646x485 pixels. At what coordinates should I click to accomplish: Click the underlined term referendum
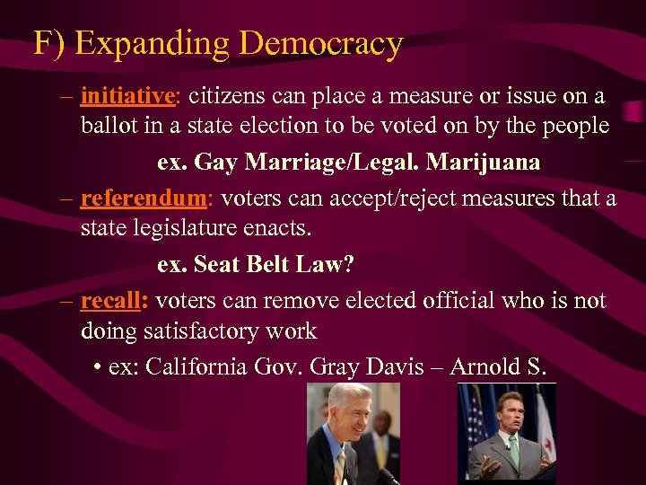click(144, 198)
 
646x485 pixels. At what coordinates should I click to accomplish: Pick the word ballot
click(106, 125)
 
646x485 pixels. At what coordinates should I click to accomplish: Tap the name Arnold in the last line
click(484, 366)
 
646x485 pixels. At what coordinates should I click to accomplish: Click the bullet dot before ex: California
click(96, 367)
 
